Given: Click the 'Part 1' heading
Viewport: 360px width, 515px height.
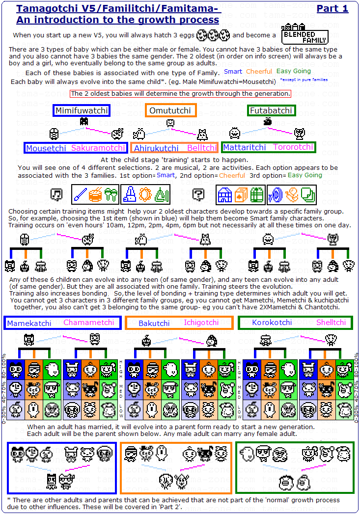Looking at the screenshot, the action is click(332, 8).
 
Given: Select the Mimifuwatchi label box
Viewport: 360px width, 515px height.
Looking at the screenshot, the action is click(81, 110).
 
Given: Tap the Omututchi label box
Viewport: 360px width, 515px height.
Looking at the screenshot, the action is click(170, 110).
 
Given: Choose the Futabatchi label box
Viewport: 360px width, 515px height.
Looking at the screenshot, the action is click(271, 110).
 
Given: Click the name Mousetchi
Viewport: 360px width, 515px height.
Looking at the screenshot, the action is click(46, 148).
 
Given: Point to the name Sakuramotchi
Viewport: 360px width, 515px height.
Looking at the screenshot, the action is click(98, 148).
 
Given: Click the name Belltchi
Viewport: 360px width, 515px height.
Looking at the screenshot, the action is click(202, 148).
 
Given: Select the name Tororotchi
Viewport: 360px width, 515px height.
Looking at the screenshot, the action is click(293, 147).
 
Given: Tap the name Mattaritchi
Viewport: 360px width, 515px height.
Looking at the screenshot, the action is click(245, 147).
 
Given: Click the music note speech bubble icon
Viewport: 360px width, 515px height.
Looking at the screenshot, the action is click(56, 195).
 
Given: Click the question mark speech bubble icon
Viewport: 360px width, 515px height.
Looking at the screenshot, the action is click(198, 195).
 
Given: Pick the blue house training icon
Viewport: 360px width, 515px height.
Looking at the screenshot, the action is click(224, 195).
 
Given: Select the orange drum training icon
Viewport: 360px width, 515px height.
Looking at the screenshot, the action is click(96, 195).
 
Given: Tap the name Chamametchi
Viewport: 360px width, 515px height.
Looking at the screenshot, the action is click(89, 323).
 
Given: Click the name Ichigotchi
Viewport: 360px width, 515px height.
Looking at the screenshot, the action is click(201, 323).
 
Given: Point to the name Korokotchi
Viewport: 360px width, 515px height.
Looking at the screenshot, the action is click(272, 323).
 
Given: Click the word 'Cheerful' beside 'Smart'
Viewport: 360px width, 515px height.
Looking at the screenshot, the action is click(259, 72).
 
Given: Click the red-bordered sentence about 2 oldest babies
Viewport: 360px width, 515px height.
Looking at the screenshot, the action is click(180, 94).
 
